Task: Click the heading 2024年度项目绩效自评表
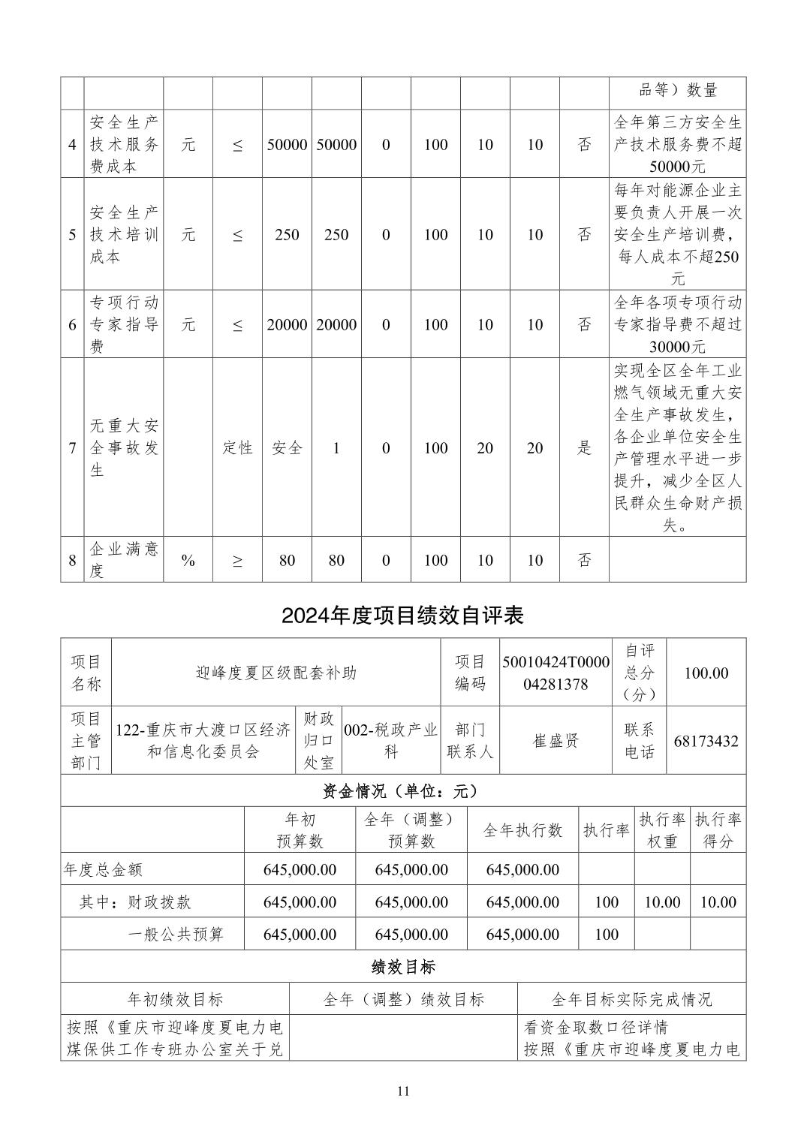pyautogui.click(x=402, y=616)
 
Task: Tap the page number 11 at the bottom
pyautogui.click(x=403, y=1091)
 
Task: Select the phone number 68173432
pyautogui.click(x=706, y=741)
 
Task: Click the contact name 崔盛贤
pyautogui.click(x=556, y=741)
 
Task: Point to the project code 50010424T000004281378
pyautogui.click(x=556, y=673)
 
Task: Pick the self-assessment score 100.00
pyautogui.click(x=706, y=673)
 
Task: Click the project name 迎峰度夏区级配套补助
pyautogui.click(x=276, y=673)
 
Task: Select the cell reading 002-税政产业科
pyautogui.click(x=390, y=741)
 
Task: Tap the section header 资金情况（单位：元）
pyautogui.click(x=402, y=790)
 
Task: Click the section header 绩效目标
pyautogui.click(x=402, y=967)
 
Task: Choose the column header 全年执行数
pyautogui.click(x=522, y=830)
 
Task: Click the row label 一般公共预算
pyautogui.click(x=176, y=935)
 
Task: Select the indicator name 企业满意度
pyautogui.click(x=124, y=560)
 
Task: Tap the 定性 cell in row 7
pyautogui.click(x=237, y=448)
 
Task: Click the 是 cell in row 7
pyautogui.click(x=584, y=448)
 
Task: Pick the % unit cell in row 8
pyautogui.click(x=188, y=560)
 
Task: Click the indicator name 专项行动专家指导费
pyautogui.click(x=124, y=324)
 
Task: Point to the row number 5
pyautogui.click(x=72, y=235)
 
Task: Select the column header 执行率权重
pyautogui.click(x=662, y=830)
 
